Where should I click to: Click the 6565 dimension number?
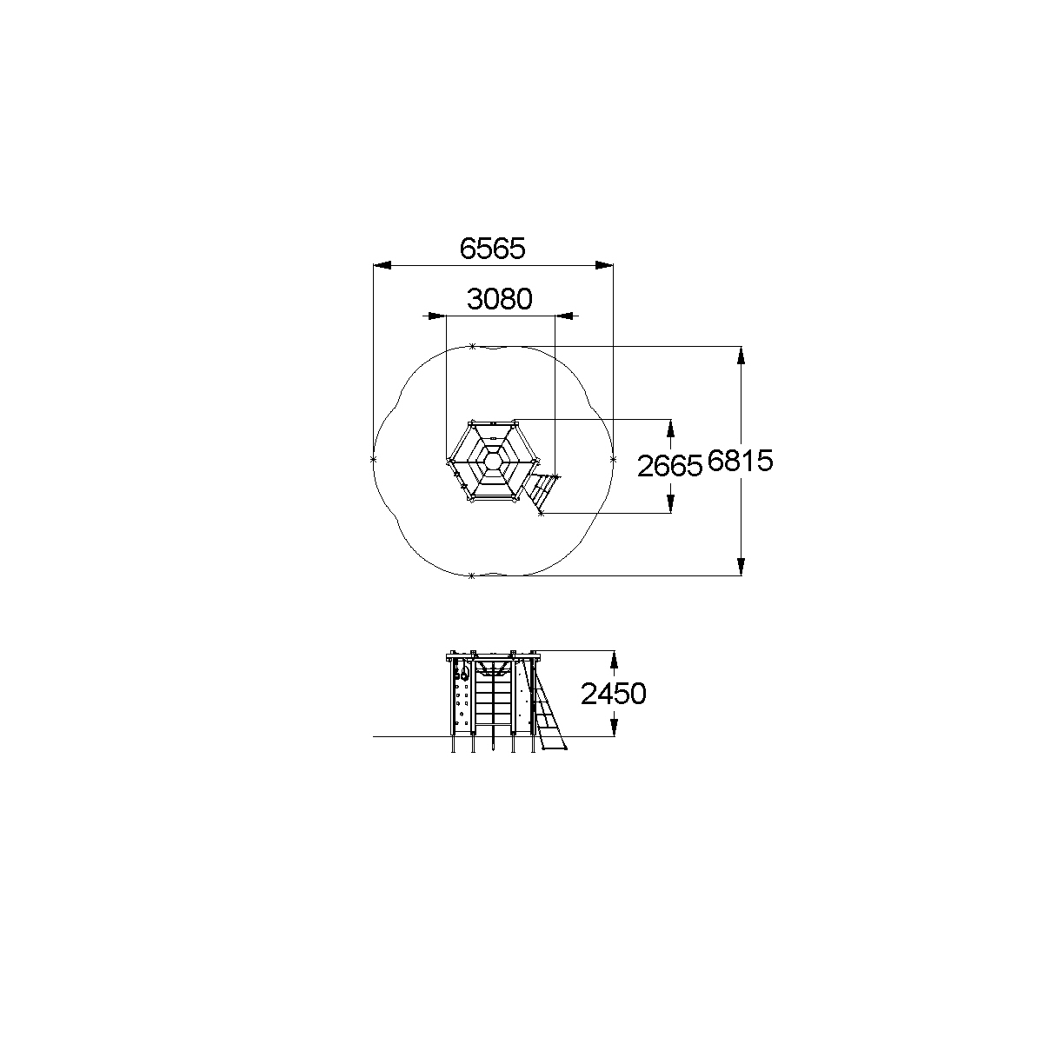pyautogui.click(x=492, y=249)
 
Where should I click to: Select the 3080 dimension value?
pyautogui.click(x=500, y=299)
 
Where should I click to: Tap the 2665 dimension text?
pyautogui.click(x=669, y=466)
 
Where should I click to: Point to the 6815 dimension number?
pyautogui.click(x=740, y=461)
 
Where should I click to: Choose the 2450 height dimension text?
pyautogui.click(x=614, y=694)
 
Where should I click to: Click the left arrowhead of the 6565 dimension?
pyautogui.click(x=382, y=265)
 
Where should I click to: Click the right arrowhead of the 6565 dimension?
pyautogui.click(x=604, y=265)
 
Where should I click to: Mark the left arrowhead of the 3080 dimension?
pyautogui.click(x=436, y=316)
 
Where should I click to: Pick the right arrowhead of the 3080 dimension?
pyautogui.click(x=564, y=316)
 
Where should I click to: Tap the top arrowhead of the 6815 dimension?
pyautogui.click(x=741, y=356)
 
